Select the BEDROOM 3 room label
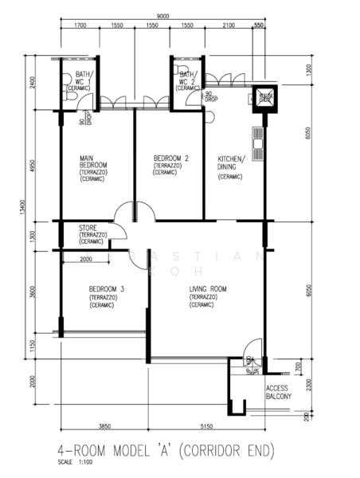106,288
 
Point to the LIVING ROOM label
208,288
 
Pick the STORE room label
88,228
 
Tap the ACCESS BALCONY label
278,392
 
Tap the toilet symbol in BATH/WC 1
70,96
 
